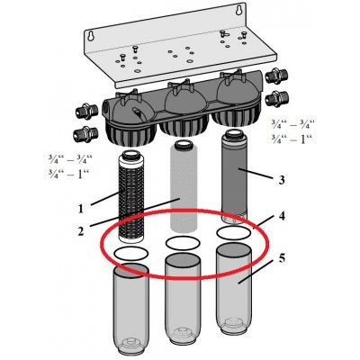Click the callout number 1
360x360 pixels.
(80, 209)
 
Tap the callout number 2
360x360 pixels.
(81, 230)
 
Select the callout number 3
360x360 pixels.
(281, 180)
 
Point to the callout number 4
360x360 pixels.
(282, 216)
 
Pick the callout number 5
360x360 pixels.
(282, 258)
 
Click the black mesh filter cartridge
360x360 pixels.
(131, 196)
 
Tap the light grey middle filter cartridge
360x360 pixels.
(183, 185)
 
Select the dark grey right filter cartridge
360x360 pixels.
(234, 177)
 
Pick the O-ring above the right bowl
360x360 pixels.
(234, 233)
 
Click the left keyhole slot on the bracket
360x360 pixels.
(90, 36)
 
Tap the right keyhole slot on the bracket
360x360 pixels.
(239, 10)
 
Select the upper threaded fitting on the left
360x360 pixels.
(85, 112)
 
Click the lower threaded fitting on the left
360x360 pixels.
(85, 135)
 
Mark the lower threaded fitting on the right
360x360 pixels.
(277, 98)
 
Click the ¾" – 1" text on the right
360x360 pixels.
(292, 139)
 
